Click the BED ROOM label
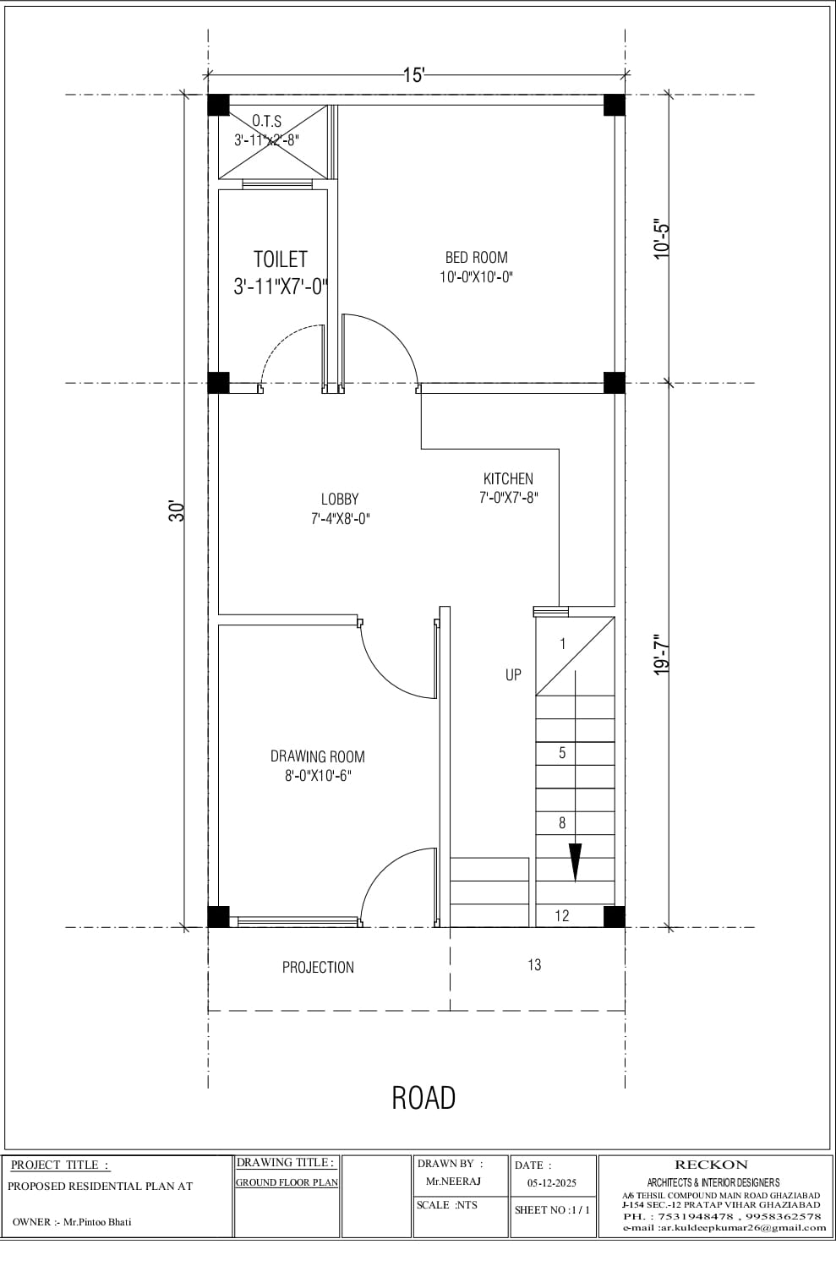tap(476, 258)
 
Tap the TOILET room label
tap(280, 259)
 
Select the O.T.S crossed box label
tap(267, 123)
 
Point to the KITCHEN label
tap(508, 478)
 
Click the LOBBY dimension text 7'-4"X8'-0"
tap(340, 519)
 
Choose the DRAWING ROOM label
tap(318, 756)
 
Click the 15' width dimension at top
tap(413, 75)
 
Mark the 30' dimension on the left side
tap(177, 510)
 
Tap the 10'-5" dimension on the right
tap(662, 239)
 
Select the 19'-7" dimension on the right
tap(662, 654)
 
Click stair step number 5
tap(562, 753)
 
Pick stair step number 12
tap(562, 915)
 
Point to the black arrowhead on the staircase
tap(576, 862)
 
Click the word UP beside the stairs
tap(513, 674)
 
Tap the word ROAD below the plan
tap(423, 1097)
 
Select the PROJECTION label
tap(318, 967)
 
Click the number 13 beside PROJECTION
tap(534, 964)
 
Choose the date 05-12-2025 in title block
tap(552, 1183)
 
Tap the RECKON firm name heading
tap(711, 1165)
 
